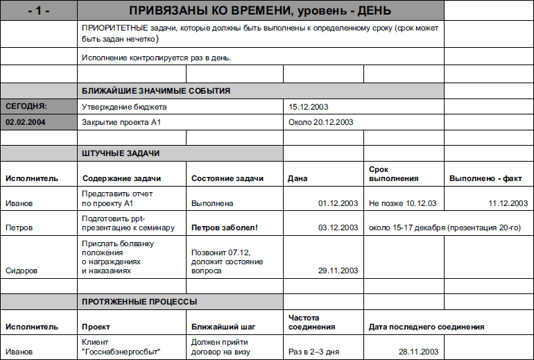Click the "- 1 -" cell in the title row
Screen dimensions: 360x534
[39, 10]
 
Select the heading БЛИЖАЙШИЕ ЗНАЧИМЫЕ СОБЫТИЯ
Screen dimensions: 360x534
[156, 91]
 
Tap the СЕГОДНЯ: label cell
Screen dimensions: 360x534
[26, 107]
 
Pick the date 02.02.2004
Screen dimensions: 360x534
[25, 122]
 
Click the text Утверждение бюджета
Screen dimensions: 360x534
[124, 107]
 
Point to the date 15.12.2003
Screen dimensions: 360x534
[308, 107]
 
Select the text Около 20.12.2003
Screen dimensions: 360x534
[320, 122]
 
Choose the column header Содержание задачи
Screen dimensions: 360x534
[119, 178]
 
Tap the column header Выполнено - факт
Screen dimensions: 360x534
[485, 178]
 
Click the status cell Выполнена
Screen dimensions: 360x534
[212, 204]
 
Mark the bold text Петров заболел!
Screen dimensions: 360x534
[225, 228]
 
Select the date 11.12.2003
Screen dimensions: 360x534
[508, 204]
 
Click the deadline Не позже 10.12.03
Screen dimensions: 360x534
[402, 204]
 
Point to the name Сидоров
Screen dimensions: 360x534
[21, 271]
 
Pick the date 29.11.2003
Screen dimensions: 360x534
[338, 271]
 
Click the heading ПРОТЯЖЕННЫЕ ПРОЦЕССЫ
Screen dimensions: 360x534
[139, 302]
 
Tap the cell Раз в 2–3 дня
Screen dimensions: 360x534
[313, 352]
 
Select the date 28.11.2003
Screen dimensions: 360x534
[419, 352]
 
